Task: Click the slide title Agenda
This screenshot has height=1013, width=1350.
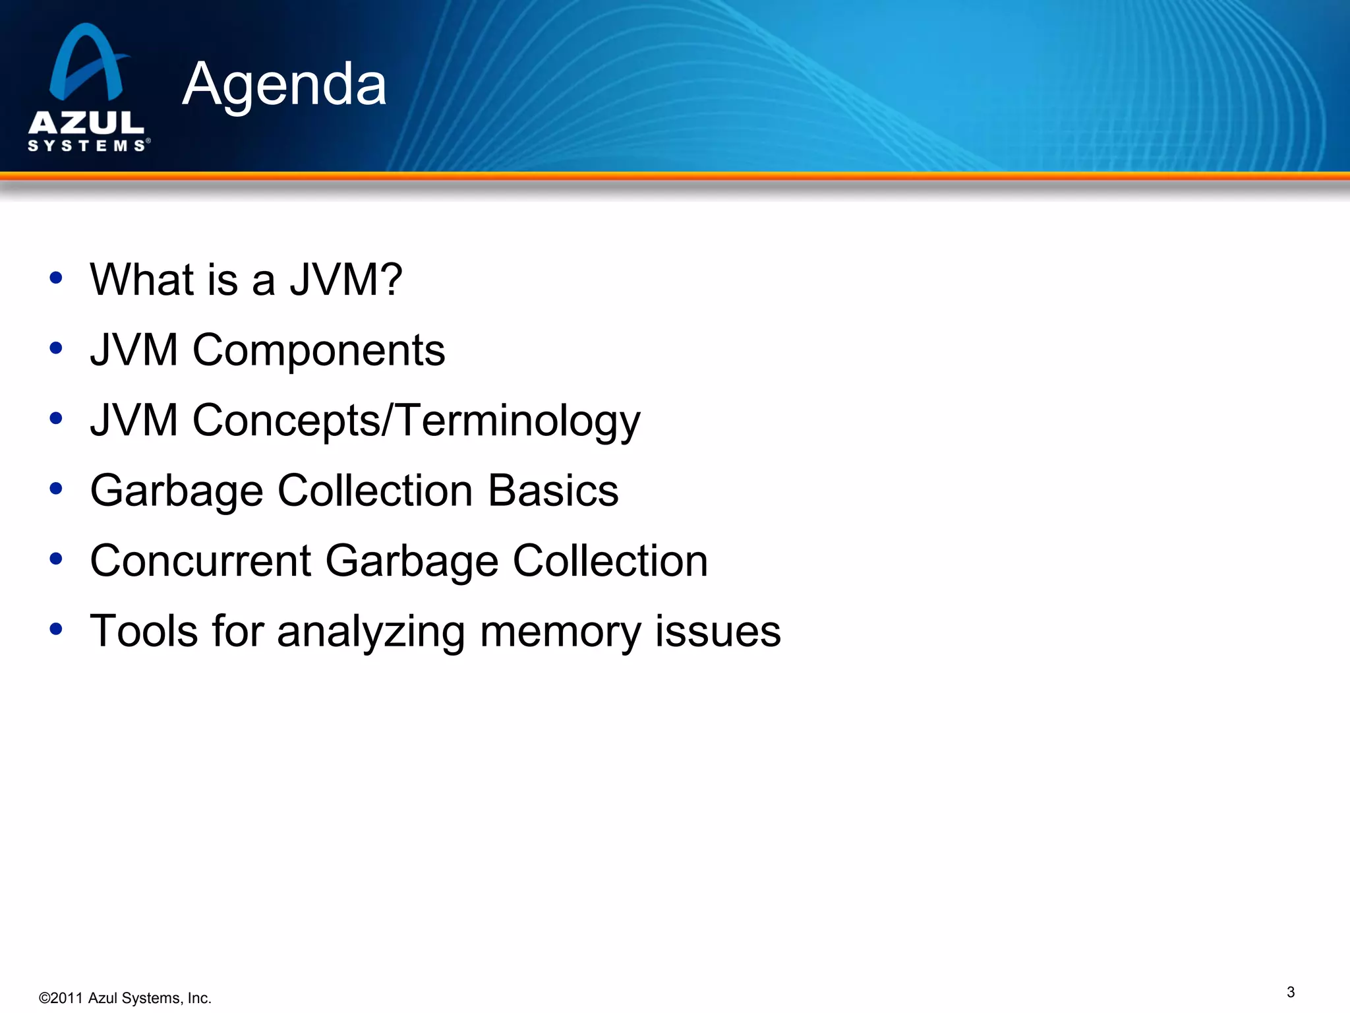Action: (284, 84)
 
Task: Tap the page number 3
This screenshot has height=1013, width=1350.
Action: (1290, 992)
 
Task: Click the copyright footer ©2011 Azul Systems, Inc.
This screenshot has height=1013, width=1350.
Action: (125, 998)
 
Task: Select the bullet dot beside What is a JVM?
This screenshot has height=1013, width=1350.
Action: (56, 278)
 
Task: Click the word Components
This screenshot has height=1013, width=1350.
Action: (318, 350)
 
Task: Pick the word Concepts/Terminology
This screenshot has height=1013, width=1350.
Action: (416, 421)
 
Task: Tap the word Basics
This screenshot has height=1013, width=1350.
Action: (553, 491)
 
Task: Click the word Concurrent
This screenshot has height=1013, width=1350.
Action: (200, 561)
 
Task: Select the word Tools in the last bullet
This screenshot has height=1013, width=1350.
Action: (144, 631)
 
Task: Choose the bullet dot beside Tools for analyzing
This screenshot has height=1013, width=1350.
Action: (56, 629)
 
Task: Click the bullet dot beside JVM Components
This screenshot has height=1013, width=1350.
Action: (56, 348)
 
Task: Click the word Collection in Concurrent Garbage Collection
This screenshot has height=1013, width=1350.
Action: (610, 561)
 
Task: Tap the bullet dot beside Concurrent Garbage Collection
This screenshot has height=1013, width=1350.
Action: (56, 559)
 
